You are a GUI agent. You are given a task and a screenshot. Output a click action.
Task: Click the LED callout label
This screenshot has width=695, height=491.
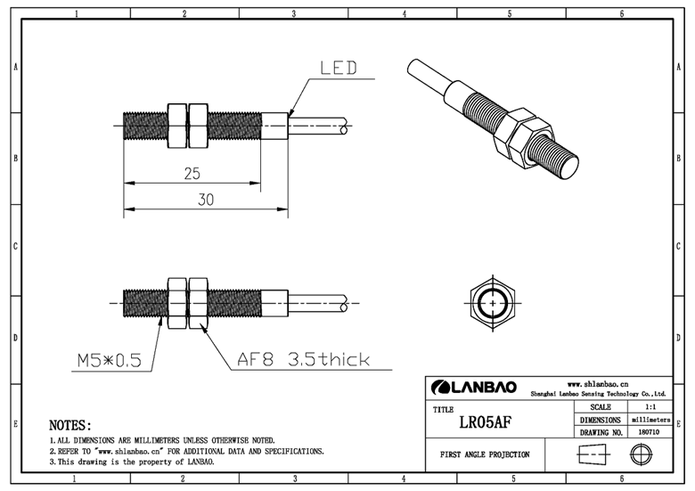(338, 68)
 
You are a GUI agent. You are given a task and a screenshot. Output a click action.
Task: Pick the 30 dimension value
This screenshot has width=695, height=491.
(205, 200)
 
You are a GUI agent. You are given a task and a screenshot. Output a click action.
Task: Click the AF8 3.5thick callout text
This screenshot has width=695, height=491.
(302, 360)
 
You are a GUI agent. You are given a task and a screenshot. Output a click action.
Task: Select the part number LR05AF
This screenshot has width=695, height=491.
(485, 421)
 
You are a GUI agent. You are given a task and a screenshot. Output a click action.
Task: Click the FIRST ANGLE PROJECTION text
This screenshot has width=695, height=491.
(485, 454)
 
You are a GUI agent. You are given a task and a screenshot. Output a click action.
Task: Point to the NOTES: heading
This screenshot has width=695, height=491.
(69, 426)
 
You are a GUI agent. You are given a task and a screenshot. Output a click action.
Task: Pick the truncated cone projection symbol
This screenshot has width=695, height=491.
(590, 454)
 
